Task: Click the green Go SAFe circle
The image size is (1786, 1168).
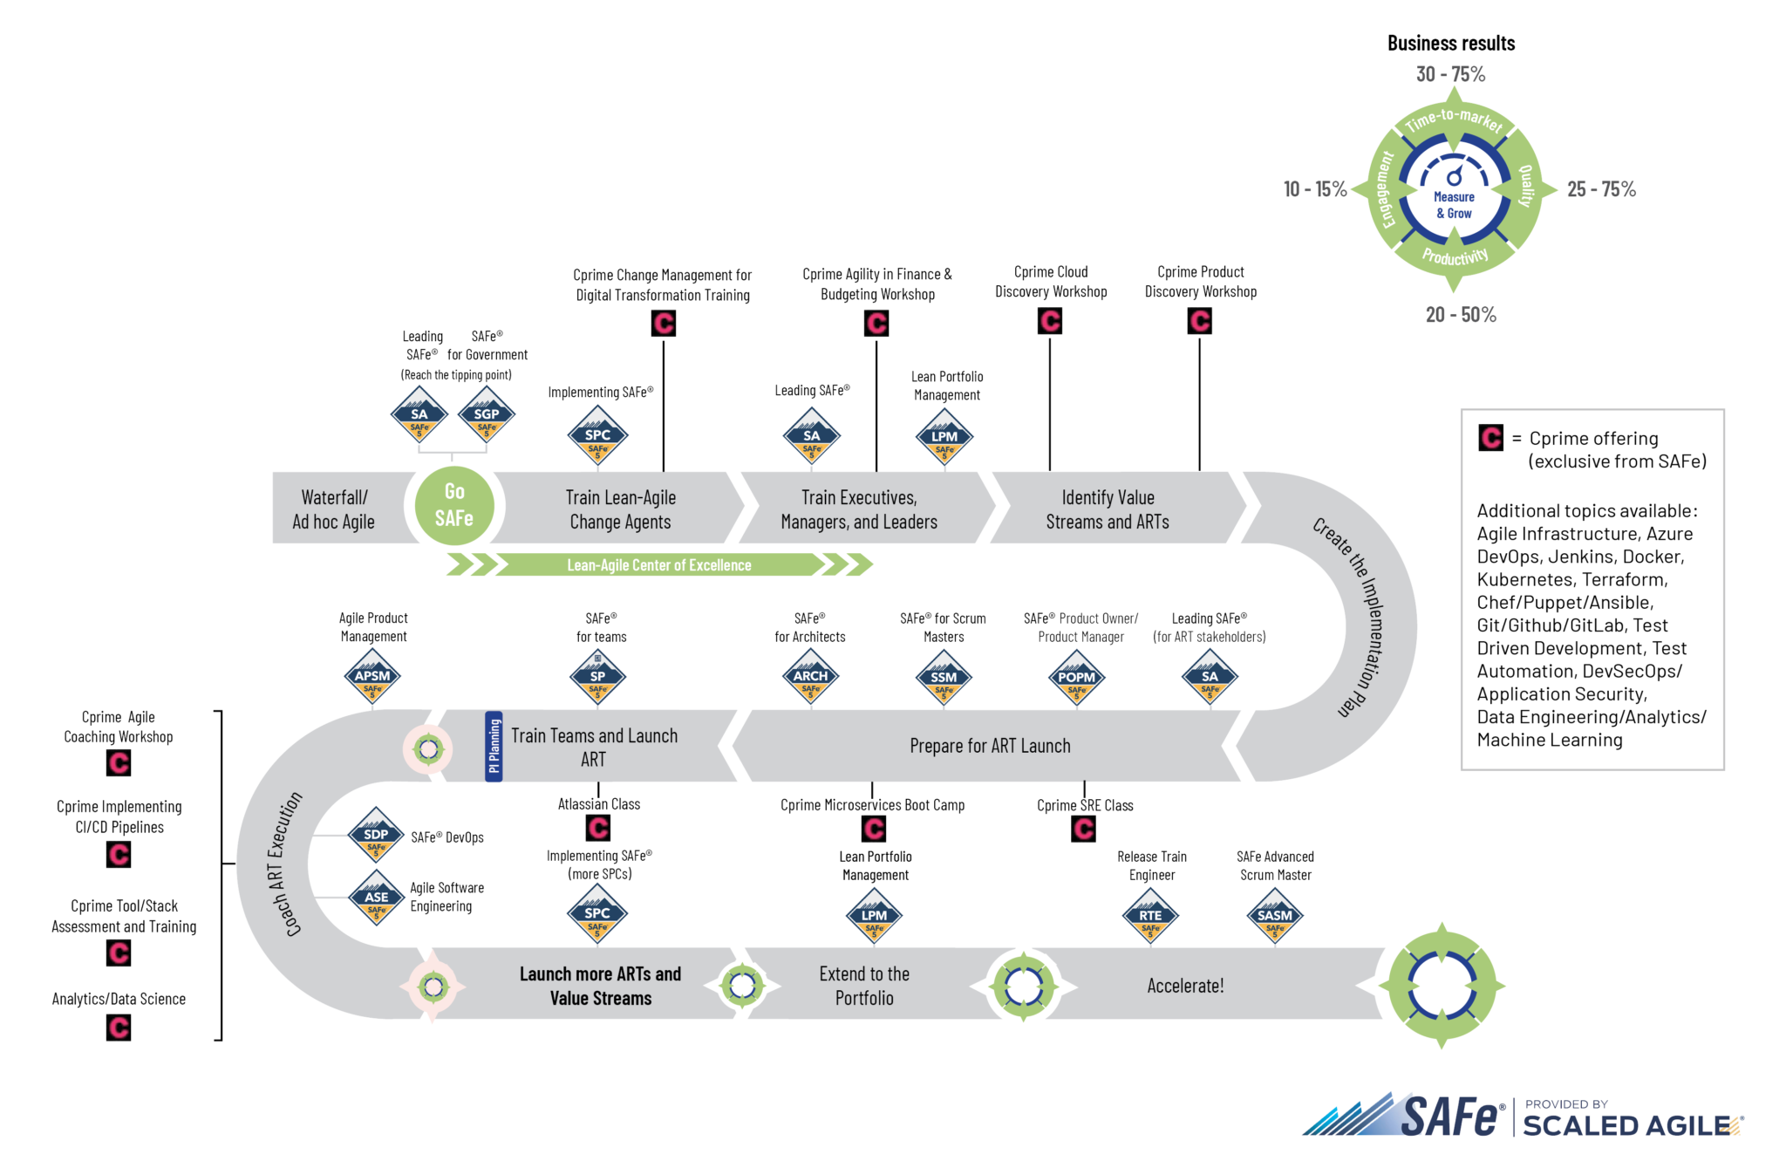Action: tap(454, 506)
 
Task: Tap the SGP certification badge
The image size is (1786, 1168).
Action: tap(487, 415)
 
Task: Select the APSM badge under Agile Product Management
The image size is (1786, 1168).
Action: tap(372, 677)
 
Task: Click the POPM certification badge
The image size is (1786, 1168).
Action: tap(1077, 678)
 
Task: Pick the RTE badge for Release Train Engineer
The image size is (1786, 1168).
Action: tap(1150, 916)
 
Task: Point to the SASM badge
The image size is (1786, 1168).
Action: tap(1275, 916)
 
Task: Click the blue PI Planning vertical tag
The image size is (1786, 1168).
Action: tap(494, 746)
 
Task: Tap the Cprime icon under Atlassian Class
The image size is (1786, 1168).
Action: tap(598, 827)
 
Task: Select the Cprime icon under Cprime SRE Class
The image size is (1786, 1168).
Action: tap(1084, 828)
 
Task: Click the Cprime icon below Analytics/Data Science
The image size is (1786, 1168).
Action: tap(119, 1028)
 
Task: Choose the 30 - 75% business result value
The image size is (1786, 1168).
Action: tap(1451, 74)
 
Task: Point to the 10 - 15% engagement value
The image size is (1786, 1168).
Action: tap(1315, 189)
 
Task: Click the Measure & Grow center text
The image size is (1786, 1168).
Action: tap(1454, 205)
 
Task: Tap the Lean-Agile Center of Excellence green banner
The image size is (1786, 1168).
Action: tap(659, 565)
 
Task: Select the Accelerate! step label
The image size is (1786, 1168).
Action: tap(1185, 986)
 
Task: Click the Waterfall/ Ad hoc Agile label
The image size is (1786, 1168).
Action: tap(334, 509)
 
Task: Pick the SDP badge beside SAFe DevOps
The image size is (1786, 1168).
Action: tap(376, 835)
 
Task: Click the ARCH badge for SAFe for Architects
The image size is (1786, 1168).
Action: tap(810, 677)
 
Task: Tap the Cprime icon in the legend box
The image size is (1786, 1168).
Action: tap(1491, 438)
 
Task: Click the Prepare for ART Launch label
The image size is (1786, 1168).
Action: tap(990, 746)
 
